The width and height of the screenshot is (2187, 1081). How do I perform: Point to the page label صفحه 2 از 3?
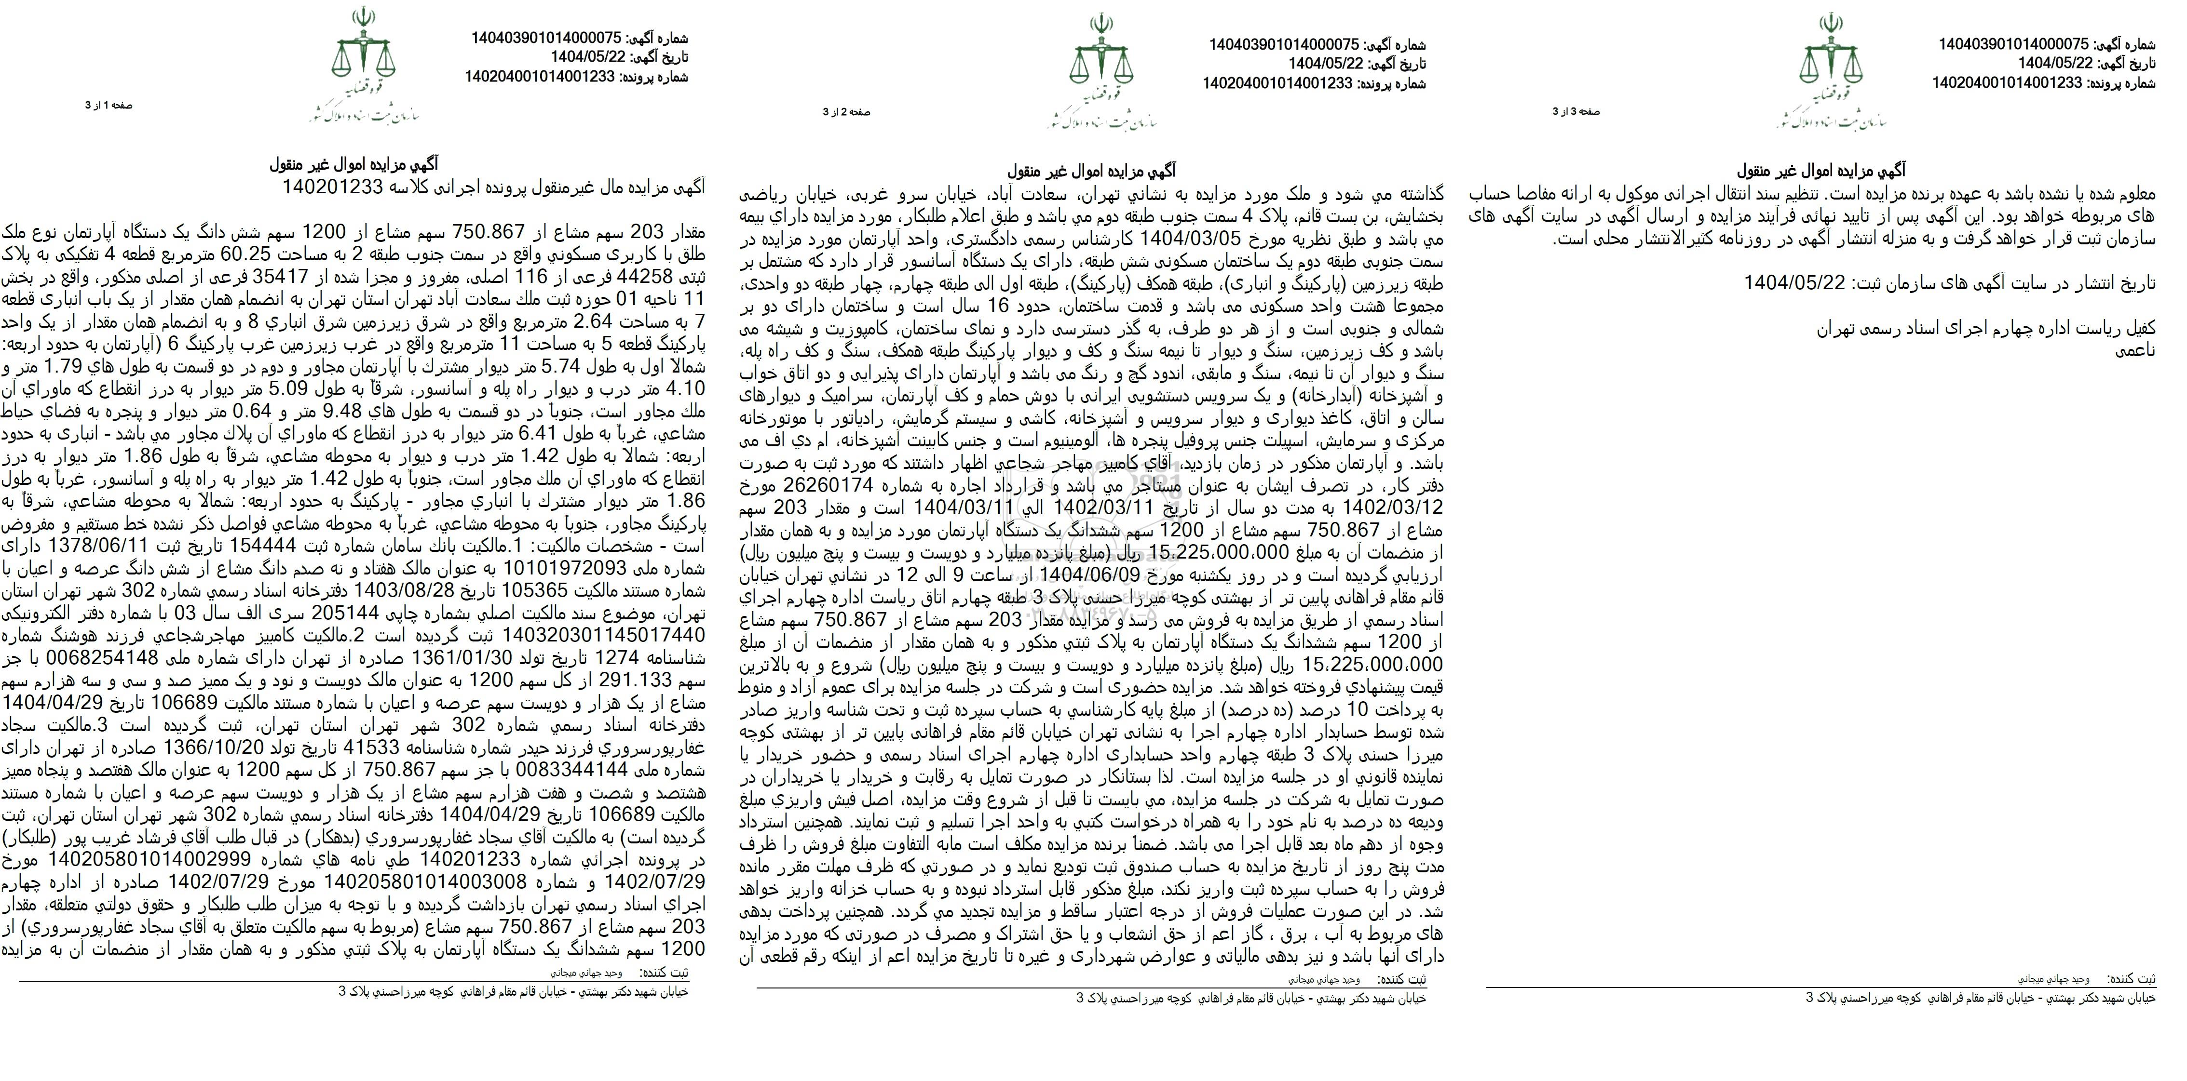[x=846, y=112]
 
